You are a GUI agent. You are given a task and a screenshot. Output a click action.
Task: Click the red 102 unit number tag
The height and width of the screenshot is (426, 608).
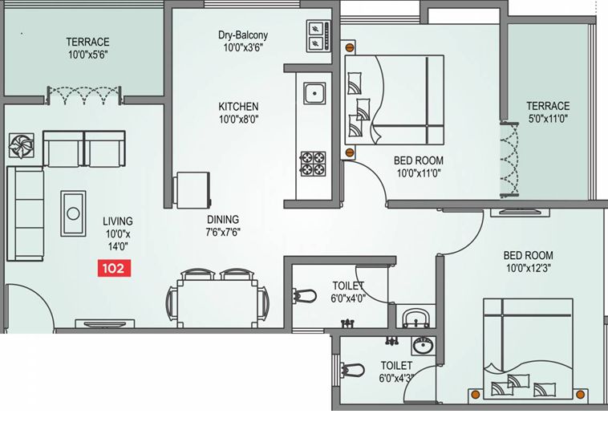point(114,268)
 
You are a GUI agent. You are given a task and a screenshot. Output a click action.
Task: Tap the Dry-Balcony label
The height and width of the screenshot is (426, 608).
point(243,35)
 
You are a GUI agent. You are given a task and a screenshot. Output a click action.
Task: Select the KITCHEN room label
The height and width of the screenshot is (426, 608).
point(238,107)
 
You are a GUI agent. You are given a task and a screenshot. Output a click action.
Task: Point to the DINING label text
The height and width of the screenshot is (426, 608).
point(223,220)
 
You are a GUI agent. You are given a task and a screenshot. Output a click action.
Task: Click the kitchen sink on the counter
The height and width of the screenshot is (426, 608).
point(314,93)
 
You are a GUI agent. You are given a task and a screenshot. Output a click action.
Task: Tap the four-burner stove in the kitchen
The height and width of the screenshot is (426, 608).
point(313,164)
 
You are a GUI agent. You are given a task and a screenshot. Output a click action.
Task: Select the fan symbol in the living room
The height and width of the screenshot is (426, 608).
point(22,145)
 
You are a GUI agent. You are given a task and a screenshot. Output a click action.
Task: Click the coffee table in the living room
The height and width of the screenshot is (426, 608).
point(73,213)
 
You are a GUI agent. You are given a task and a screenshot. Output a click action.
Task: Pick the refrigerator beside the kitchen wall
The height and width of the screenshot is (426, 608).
point(193,190)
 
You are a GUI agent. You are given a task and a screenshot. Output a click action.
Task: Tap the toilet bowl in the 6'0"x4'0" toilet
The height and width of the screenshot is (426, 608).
point(304,296)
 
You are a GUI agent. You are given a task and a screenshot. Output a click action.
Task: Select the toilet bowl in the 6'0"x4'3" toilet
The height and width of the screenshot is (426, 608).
point(352,369)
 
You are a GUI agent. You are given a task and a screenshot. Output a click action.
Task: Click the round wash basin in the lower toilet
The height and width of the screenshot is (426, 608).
point(424,345)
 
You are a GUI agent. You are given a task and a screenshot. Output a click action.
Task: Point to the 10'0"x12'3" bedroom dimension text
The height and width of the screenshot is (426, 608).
point(529,268)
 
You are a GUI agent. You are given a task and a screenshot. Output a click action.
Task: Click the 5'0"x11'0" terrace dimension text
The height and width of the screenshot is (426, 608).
point(549,119)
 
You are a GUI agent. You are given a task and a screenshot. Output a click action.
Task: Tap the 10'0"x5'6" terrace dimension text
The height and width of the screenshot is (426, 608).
point(88,55)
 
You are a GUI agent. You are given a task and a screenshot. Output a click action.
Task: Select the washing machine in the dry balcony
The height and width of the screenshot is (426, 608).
point(318,36)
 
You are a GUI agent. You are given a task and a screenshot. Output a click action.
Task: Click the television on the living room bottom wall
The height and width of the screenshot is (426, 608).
point(105,324)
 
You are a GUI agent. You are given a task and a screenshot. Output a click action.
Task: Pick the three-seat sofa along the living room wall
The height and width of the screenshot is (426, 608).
point(25,213)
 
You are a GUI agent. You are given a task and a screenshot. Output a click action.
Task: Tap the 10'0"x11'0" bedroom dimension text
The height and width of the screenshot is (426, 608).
point(419,172)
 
